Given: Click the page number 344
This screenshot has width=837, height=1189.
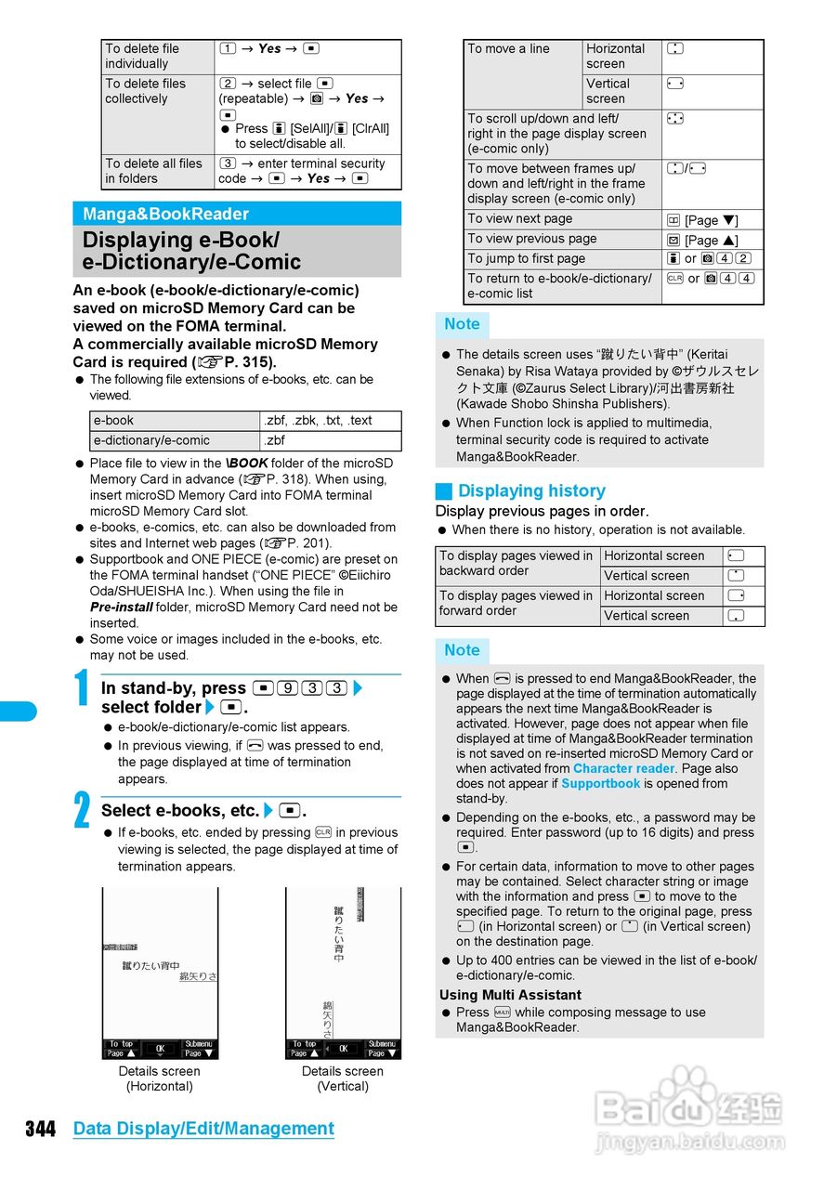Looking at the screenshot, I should coord(40,1129).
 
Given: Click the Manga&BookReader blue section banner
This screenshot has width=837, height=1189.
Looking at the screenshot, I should coord(237,214).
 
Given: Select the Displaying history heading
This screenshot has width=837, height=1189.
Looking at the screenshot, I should coord(530,490).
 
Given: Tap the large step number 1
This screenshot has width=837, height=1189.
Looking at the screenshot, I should coord(83,688).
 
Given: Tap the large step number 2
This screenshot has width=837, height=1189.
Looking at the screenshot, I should coord(83,810).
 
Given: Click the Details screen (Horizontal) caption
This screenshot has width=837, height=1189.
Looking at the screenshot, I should coord(160,1078).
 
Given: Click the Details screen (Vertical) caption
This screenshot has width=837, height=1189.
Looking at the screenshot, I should coord(343,1078).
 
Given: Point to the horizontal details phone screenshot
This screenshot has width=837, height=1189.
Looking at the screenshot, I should coord(160,973).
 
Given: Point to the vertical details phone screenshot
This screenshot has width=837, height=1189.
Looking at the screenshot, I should coord(343,973).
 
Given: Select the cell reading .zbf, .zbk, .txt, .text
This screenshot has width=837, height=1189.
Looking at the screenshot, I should coord(331,421).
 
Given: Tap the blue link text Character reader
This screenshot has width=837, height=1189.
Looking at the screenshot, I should coord(624,768).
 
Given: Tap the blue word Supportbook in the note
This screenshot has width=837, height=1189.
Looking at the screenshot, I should coord(600,783).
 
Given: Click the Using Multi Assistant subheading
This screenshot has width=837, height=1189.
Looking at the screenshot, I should coord(510,995).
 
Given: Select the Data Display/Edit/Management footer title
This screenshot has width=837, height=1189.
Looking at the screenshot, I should coord(203,1129).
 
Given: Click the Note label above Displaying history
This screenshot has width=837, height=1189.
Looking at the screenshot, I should coord(462,324).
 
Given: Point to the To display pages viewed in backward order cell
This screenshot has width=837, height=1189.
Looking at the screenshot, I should coord(517,563).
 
